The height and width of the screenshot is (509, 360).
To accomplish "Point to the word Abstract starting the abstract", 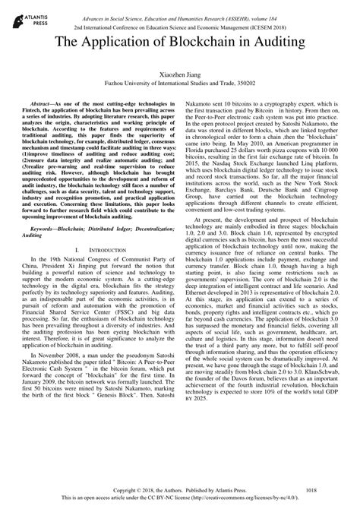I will tap(43, 101).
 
